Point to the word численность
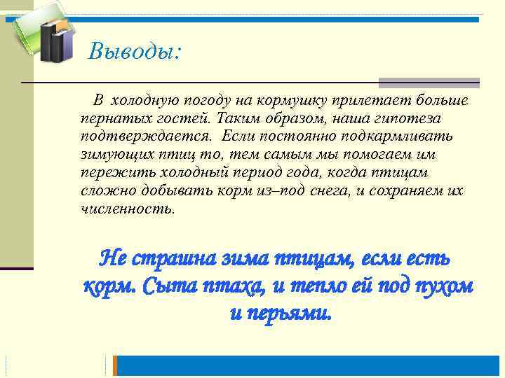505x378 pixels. pyautogui.click(x=128, y=209)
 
